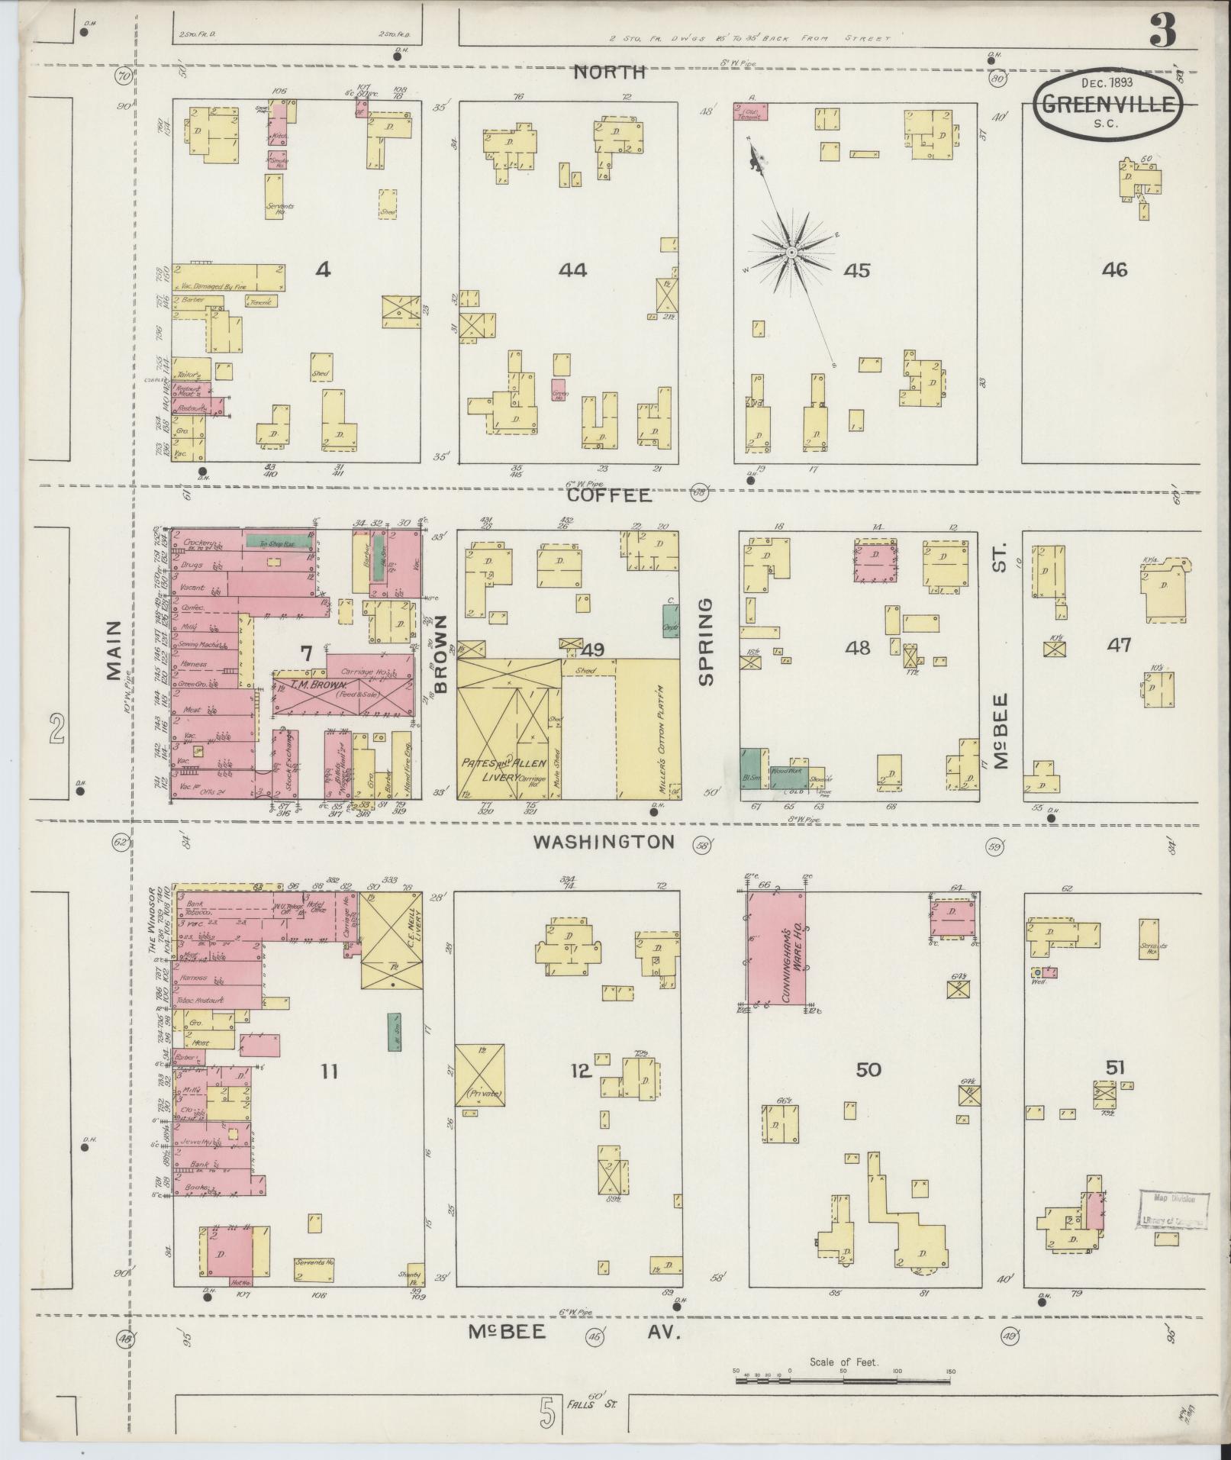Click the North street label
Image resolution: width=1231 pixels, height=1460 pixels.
coord(609,73)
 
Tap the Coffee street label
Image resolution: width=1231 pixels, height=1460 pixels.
coord(609,496)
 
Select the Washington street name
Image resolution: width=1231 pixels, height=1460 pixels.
coord(604,842)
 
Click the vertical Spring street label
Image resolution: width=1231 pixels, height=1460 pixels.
coord(707,641)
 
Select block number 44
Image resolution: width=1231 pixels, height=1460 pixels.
coord(572,269)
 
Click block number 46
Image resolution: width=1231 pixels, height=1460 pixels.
coord(1114,269)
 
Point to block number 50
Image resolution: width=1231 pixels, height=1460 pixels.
coord(868,1069)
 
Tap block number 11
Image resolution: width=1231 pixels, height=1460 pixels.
coord(328,1072)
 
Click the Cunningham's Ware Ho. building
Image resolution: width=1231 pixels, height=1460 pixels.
coord(778,949)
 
